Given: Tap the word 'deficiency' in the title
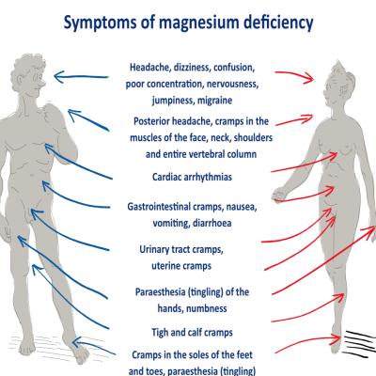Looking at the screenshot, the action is [277, 23].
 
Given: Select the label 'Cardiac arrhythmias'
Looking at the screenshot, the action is [192, 177].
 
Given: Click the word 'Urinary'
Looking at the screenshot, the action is [154, 250].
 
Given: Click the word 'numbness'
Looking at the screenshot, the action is [209, 308].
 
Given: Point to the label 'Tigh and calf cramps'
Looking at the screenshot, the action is [193, 333].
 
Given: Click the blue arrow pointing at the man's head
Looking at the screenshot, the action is [81, 77].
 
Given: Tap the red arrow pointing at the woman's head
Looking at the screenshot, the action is [294, 77].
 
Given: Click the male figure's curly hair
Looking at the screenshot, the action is [28, 67].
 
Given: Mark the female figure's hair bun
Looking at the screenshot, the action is [337, 67].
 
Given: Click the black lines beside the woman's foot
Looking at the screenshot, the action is [360, 342].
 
